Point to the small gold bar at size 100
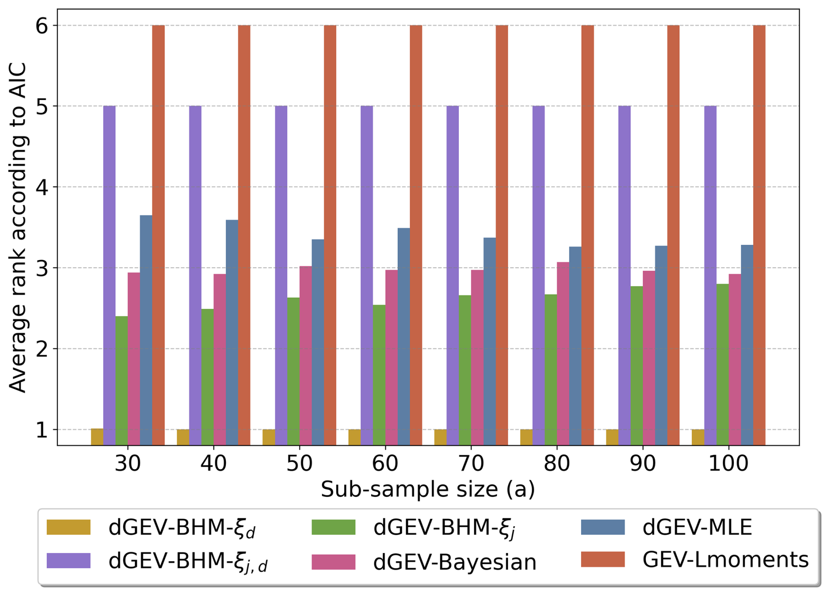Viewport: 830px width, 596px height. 698,437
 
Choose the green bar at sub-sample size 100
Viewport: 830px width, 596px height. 723,364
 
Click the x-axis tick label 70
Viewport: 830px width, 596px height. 471,464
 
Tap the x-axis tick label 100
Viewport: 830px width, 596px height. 728,464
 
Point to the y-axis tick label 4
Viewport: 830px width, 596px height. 42,187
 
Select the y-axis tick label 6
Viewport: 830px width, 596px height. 42,26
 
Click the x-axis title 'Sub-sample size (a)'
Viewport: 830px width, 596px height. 428,489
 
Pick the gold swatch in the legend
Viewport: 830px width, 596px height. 68,527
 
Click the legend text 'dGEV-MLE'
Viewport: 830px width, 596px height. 697,527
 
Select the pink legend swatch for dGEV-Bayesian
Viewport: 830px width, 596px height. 333,562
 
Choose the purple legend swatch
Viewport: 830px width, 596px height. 68,560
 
